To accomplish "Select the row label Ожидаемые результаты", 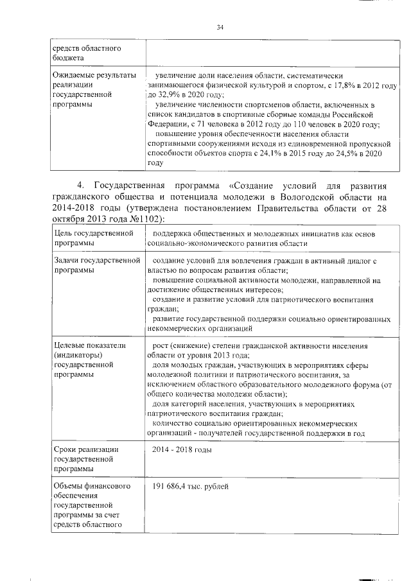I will pyautogui.click(x=95, y=75).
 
